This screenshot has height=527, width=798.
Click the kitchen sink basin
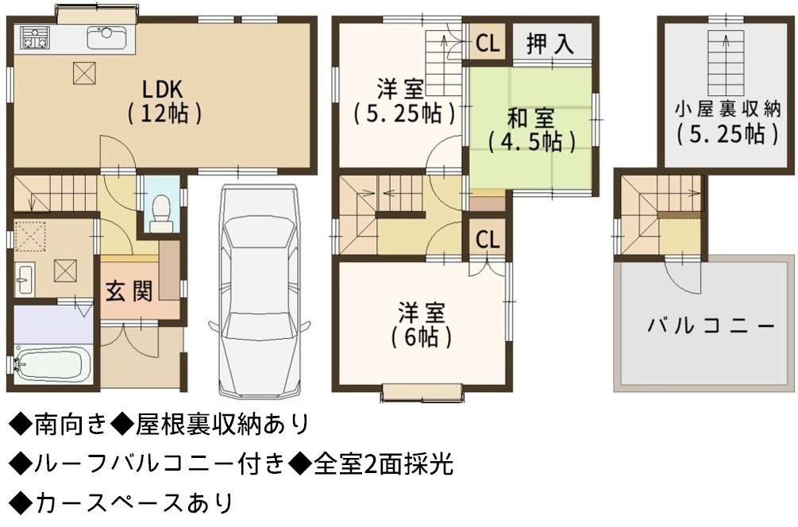coord(107,37)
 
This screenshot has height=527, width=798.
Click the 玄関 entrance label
coord(129,291)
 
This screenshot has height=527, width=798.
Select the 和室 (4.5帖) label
coord(531,130)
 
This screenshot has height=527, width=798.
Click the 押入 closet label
coord(550,44)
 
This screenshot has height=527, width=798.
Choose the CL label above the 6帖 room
coord(488,240)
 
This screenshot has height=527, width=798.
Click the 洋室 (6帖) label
coord(422,325)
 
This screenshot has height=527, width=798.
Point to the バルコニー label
coord(711,325)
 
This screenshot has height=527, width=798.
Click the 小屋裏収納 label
coord(727,122)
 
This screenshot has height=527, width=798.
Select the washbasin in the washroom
coord(24,279)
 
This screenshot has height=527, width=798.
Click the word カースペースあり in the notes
coord(134,503)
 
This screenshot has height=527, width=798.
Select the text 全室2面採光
coord(384,464)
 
